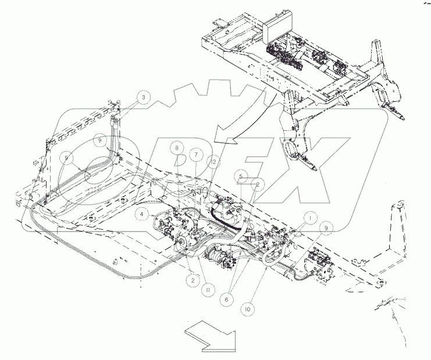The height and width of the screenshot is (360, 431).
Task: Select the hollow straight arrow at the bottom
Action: pyautogui.click(x=209, y=337)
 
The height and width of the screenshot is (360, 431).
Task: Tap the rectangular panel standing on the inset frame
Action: pyautogui.click(x=277, y=26)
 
